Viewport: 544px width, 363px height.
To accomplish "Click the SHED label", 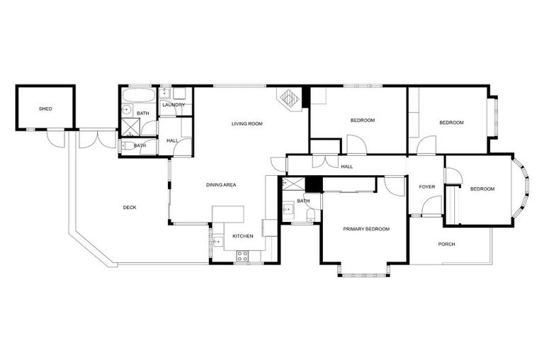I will point(45,108).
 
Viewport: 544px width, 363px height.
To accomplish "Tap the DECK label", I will point(130,207).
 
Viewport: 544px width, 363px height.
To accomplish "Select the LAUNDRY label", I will point(174,105).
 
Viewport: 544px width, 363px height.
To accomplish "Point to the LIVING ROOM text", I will point(247,123).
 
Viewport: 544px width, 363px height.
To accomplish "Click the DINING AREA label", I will point(221,184).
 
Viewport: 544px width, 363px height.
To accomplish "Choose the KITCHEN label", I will point(243,235).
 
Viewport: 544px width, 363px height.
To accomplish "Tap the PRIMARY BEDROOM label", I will point(366,228).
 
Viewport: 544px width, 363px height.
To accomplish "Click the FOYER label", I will point(427,186).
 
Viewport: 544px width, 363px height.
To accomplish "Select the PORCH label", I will point(446,244).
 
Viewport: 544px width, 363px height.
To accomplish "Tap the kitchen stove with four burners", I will point(242,256).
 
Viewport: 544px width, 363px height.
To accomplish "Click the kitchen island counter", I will point(228,213).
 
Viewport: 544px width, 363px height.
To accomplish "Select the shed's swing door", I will point(56,138).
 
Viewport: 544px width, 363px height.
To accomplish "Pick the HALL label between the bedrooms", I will point(347,167).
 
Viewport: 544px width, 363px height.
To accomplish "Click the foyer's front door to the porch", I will point(431,206).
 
